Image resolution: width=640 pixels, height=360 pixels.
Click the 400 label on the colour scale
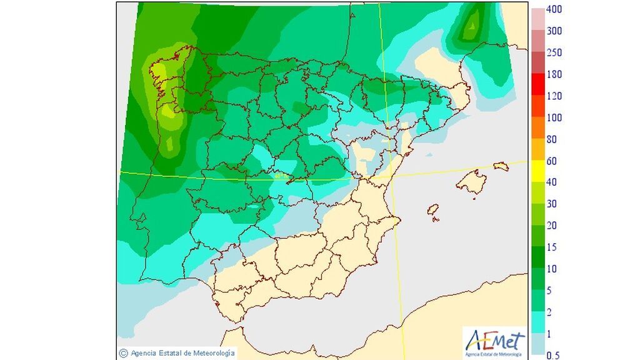point(554,9)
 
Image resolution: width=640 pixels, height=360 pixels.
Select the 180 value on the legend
point(554,74)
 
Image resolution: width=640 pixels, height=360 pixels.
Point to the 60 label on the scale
point(551,161)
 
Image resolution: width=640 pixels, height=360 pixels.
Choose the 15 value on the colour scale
point(551,247)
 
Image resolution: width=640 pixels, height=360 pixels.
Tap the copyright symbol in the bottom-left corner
point(124,353)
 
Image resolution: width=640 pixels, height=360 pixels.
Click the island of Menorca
point(500,166)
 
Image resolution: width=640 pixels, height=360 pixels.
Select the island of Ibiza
point(432,211)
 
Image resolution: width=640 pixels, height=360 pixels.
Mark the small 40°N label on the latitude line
point(280,176)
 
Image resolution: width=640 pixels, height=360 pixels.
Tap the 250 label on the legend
point(554,52)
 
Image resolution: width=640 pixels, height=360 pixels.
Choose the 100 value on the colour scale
point(554,117)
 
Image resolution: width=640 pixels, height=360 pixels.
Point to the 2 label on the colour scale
point(549,312)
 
